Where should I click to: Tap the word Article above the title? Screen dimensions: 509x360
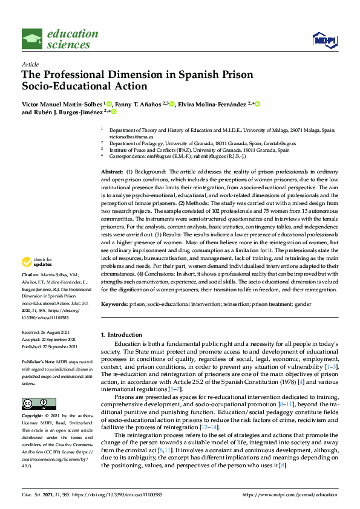coord(30,63)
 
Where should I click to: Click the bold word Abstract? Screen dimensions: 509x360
coord(112,172)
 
